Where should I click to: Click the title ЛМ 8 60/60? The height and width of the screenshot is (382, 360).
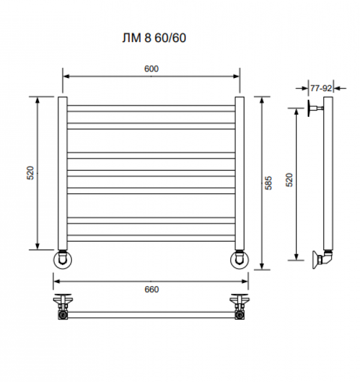[x=154, y=38]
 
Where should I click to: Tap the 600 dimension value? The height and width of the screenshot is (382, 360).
[x=151, y=69]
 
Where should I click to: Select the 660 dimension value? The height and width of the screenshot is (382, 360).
[x=152, y=290]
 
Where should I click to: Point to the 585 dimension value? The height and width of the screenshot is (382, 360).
[x=268, y=183]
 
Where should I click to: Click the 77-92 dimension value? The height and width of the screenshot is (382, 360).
[x=321, y=88]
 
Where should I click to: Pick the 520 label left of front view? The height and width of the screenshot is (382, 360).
[x=31, y=173]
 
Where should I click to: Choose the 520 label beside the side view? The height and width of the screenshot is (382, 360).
[x=289, y=180]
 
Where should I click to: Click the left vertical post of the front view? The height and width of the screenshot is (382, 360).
[x=62, y=173]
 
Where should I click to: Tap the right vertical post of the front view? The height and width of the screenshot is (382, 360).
[x=239, y=173]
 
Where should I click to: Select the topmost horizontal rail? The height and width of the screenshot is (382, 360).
[x=151, y=109]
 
